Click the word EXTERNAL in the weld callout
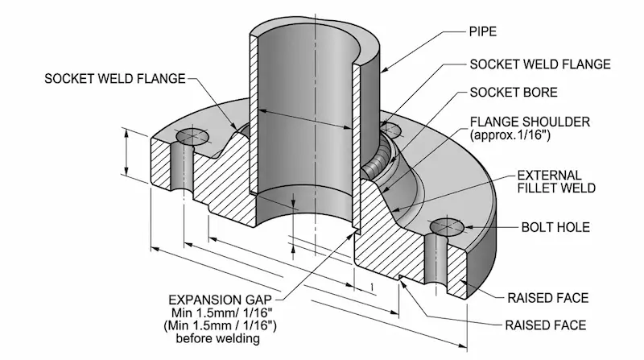(543, 174)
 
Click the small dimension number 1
(371, 287)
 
